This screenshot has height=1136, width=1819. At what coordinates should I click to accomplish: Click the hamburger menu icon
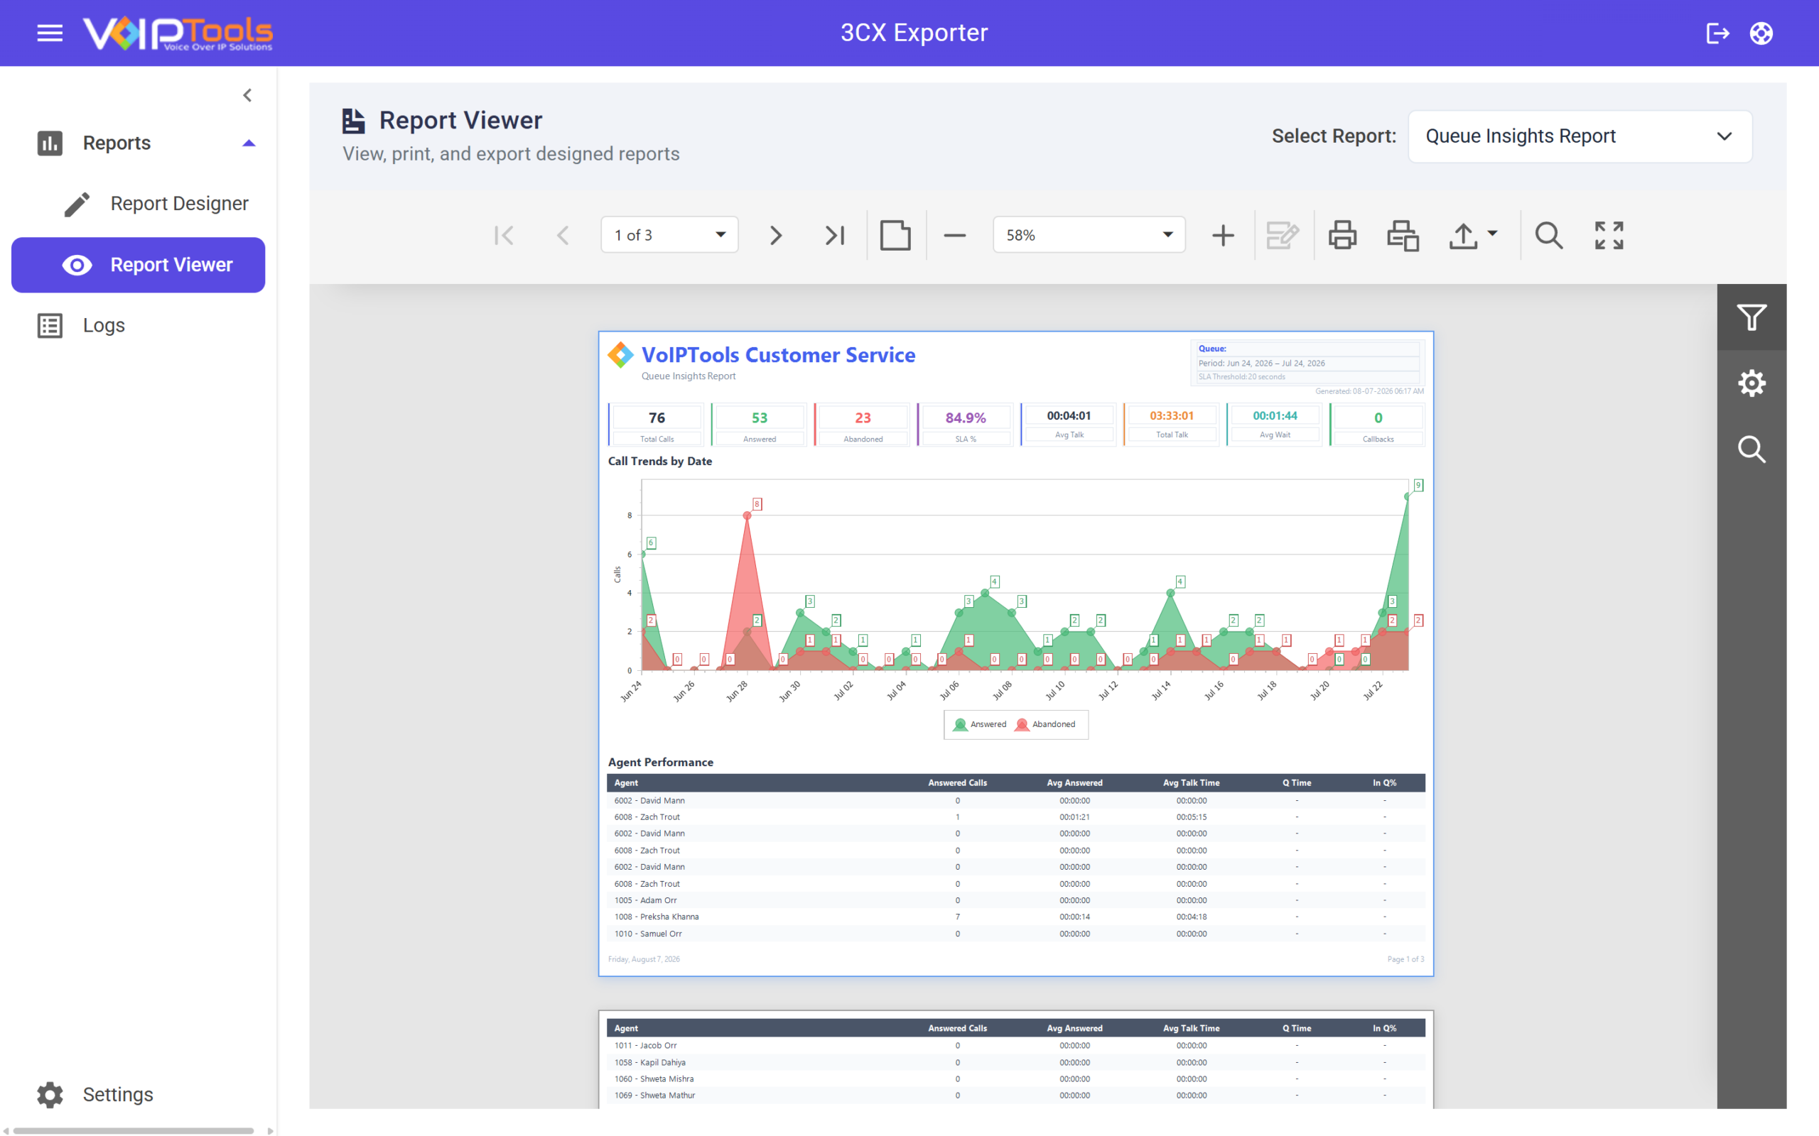50,33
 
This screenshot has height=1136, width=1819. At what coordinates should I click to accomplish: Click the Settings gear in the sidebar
50,1095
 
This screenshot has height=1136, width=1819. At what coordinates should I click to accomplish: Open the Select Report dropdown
1580,136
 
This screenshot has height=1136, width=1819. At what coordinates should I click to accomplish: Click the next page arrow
776,235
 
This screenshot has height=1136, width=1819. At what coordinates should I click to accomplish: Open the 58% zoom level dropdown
1089,235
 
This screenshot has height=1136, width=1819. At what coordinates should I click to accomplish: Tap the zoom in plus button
1223,235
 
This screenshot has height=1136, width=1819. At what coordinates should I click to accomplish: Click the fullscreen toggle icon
1609,235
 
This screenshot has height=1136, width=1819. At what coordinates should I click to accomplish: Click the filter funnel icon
1751,317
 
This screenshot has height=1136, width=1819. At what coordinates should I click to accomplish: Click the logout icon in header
1718,33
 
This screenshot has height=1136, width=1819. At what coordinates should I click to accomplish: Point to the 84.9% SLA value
966,417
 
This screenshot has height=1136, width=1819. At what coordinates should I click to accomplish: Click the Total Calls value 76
657,417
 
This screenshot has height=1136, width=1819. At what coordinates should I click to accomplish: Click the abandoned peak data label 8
757,504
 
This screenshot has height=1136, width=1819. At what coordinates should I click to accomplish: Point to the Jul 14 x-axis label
1161,690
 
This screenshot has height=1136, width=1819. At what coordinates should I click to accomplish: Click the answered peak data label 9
1418,486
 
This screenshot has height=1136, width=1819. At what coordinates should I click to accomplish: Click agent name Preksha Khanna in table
657,917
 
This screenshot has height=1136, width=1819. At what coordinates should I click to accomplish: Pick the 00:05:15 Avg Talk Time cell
1192,816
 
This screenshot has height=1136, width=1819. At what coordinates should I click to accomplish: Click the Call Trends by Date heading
660,461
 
